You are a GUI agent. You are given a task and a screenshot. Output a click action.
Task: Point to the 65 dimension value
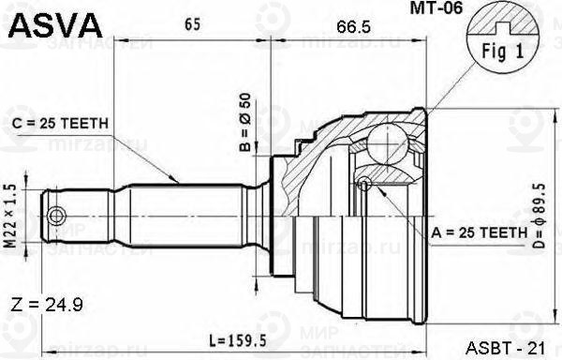192,26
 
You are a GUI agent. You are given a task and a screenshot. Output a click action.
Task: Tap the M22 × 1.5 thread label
10,215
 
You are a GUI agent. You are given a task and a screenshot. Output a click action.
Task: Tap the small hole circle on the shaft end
57,217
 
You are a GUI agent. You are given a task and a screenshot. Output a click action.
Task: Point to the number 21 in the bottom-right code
537,348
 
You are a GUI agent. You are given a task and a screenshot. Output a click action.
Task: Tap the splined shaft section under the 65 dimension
187,216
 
